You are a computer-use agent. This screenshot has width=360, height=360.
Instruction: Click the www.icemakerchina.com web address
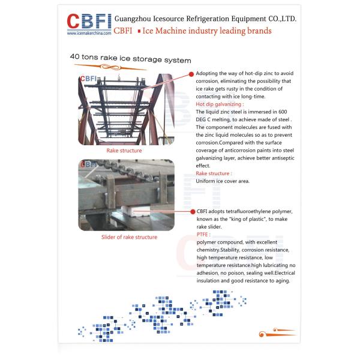pos(89,33)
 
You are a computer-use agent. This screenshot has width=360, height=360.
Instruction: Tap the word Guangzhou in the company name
pos(136,19)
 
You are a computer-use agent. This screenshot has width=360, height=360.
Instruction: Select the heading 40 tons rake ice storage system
pos(130,61)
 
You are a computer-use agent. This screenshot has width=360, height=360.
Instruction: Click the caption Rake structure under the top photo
pos(124,151)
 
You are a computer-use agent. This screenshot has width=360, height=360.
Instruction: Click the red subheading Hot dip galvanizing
pos(216,104)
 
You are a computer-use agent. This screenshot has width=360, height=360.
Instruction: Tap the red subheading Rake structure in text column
pos(214,173)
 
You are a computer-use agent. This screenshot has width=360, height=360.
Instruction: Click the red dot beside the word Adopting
pos(191,73)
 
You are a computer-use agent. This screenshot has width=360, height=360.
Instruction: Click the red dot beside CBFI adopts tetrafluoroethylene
pos(191,212)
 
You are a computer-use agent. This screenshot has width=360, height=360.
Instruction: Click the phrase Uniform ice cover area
pos(223,181)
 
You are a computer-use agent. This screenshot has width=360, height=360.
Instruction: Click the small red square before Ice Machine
pos(156,31)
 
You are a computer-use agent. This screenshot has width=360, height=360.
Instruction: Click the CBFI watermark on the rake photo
pos(90,78)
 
